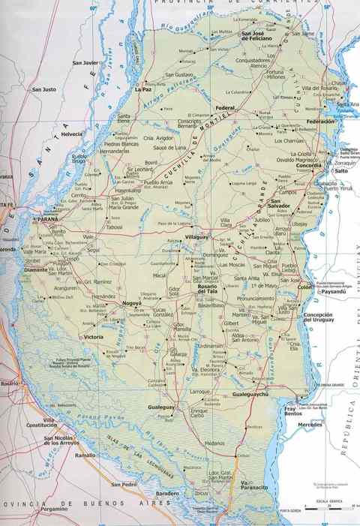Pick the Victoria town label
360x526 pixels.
94,337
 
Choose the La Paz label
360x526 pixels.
142,89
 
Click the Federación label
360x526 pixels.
319,121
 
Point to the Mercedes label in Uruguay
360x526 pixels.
310,425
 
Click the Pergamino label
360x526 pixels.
54,509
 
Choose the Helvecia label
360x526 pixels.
72,134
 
